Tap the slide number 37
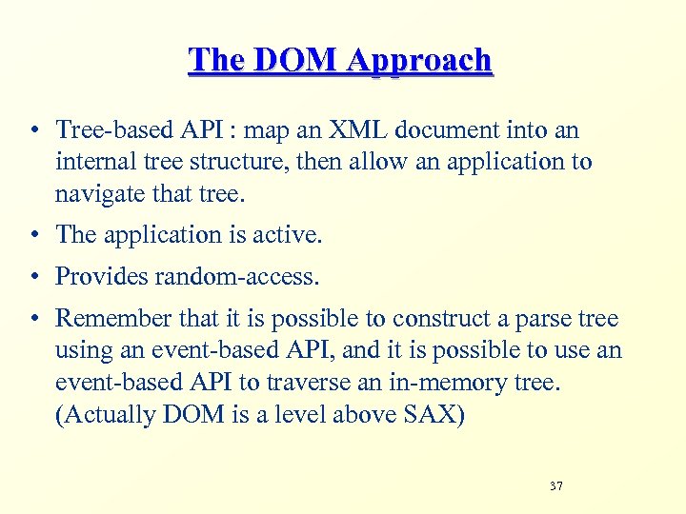coord(556,486)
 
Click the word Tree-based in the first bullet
coord(103,130)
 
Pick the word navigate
coord(97,195)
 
